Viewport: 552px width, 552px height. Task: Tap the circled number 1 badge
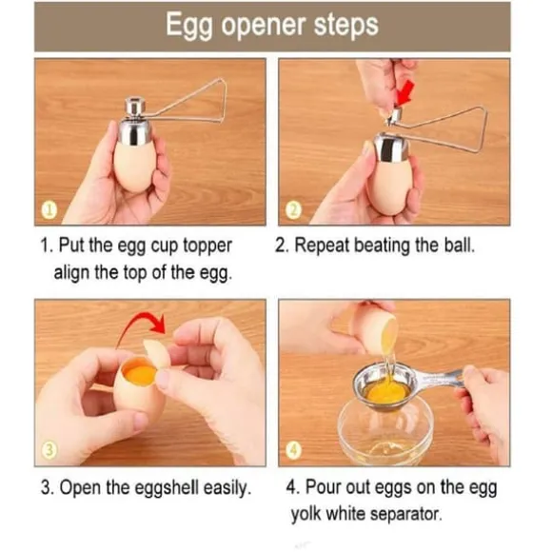(49, 210)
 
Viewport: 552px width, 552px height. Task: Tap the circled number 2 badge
(293, 210)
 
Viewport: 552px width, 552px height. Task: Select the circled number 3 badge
(49, 450)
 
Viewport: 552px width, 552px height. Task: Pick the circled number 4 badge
(293, 450)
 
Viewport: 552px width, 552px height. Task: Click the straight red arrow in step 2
(404, 93)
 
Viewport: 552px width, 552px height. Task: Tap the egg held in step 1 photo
(133, 165)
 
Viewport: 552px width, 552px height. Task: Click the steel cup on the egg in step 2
(390, 148)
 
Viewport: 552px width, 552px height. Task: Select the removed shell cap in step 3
(157, 353)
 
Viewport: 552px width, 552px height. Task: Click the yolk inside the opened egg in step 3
(140, 373)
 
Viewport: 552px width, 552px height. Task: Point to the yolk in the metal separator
(387, 392)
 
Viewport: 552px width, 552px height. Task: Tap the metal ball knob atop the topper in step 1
(136, 106)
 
